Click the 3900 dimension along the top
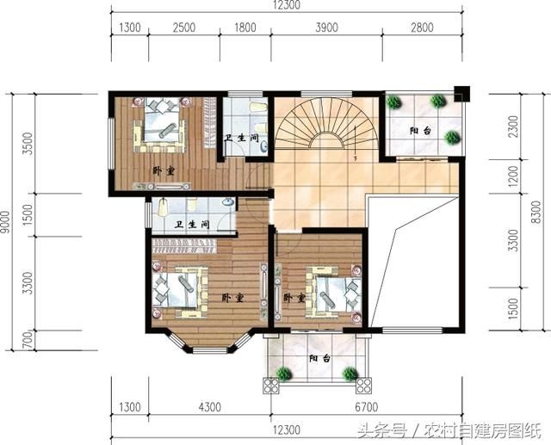[326, 27]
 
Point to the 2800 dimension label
[422, 27]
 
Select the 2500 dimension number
[183, 27]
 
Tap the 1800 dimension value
[245, 27]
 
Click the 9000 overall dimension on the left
[6, 222]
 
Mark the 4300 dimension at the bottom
[210, 407]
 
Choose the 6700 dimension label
[366, 407]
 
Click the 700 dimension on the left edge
[28, 340]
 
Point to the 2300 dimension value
[513, 127]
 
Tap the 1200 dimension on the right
[513, 176]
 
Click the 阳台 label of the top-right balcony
[420, 131]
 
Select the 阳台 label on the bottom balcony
[319, 359]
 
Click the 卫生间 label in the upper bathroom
[242, 138]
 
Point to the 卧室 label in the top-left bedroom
[164, 171]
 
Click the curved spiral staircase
[326, 123]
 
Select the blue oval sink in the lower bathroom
[228, 202]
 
